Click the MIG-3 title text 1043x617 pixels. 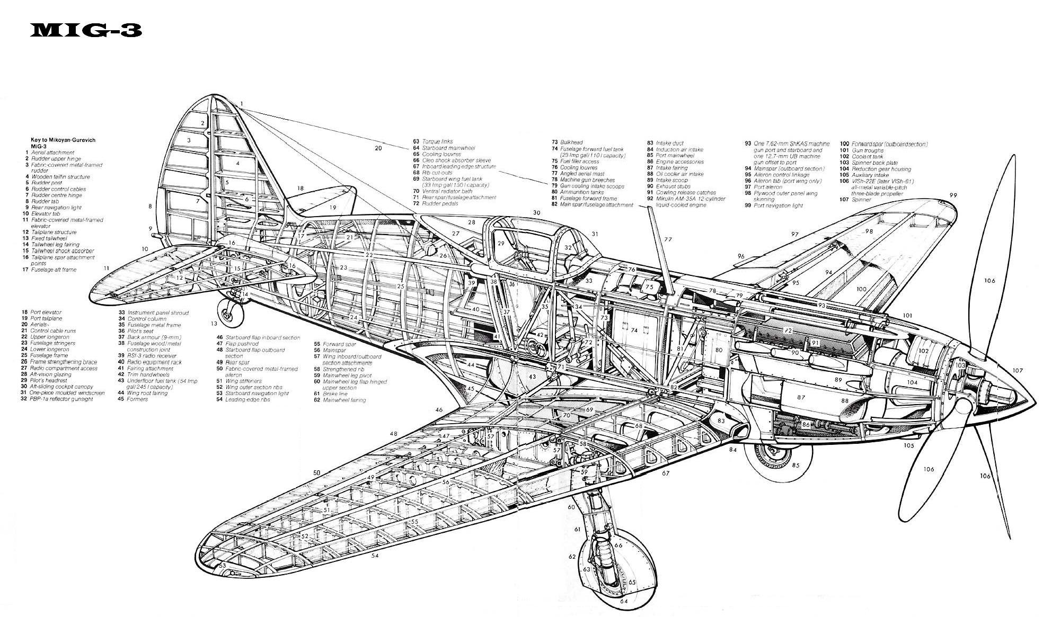point(86,31)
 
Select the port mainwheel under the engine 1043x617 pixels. point(778,459)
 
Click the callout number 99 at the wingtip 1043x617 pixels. point(953,195)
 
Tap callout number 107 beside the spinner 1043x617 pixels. point(1017,371)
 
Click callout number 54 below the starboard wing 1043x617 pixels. point(375,556)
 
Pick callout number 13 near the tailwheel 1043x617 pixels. point(214,323)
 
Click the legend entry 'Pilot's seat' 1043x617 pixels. point(140,331)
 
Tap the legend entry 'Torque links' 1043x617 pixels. point(437,142)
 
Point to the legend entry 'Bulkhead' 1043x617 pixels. point(572,142)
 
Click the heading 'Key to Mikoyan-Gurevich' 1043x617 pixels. point(66,140)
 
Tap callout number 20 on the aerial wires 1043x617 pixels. point(378,148)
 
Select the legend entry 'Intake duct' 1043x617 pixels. point(670,143)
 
